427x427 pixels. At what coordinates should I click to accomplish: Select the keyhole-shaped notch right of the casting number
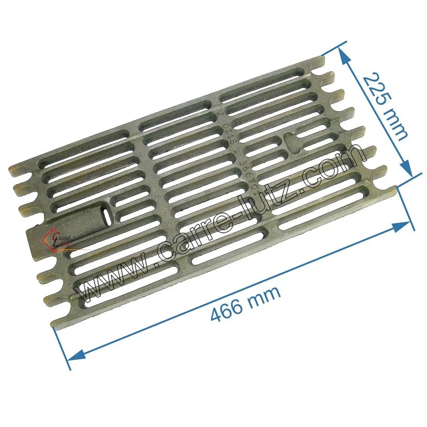coord(291,141)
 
